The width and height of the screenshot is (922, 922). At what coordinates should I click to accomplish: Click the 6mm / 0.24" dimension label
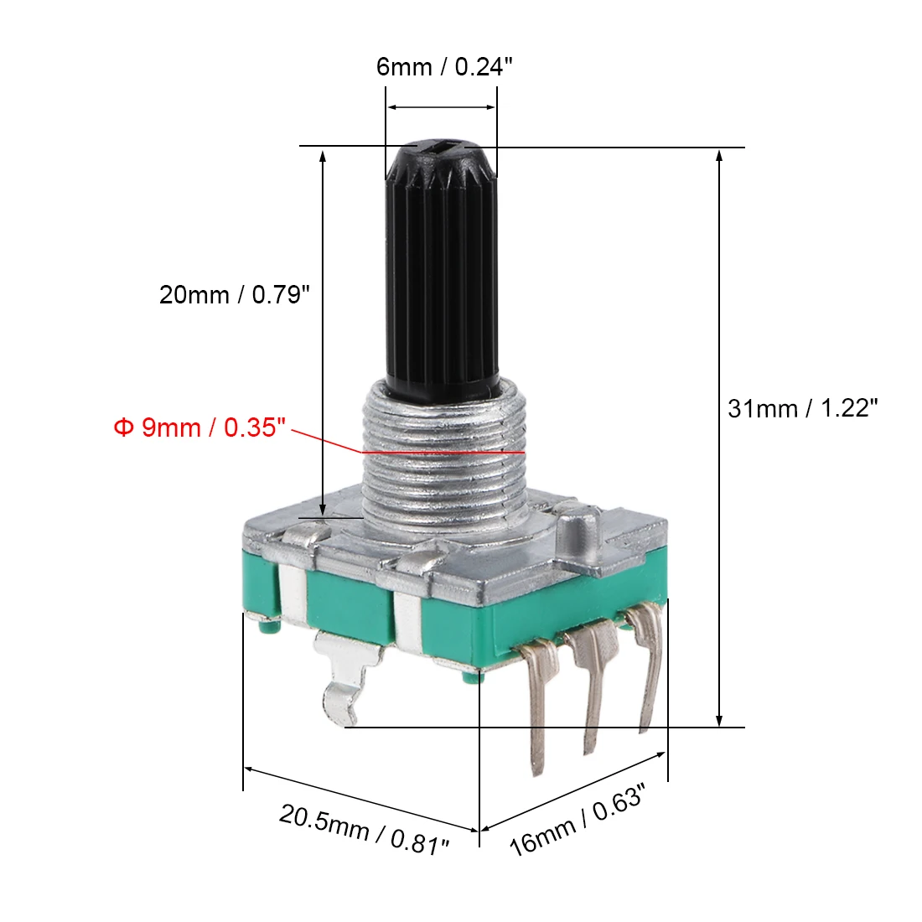pyautogui.click(x=444, y=66)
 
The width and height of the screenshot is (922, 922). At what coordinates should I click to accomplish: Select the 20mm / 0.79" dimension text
pyautogui.click(x=234, y=294)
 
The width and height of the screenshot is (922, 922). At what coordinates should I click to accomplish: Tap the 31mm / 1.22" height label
pyautogui.click(x=803, y=408)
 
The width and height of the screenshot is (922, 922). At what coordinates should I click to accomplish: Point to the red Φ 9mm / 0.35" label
pyautogui.click(x=200, y=427)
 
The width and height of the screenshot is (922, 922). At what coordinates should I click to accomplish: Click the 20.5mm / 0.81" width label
pyautogui.click(x=364, y=830)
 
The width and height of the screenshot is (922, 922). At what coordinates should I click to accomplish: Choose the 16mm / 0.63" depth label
pyautogui.click(x=577, y=820)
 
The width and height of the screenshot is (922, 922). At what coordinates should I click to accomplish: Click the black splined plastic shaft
pyautogui.click(x=442, y=270)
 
